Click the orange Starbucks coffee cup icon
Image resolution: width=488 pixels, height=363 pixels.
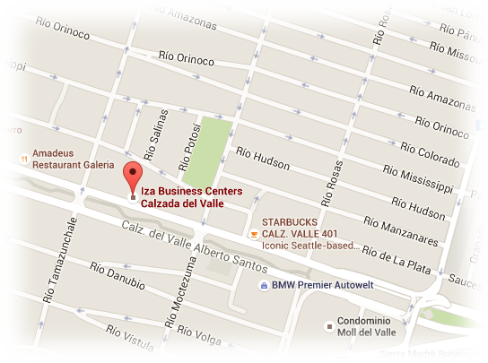[x=253, y=235]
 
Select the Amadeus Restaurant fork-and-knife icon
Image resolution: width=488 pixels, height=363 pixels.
[x=22, y=160]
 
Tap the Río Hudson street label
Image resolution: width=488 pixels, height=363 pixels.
[x=262, y=159]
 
